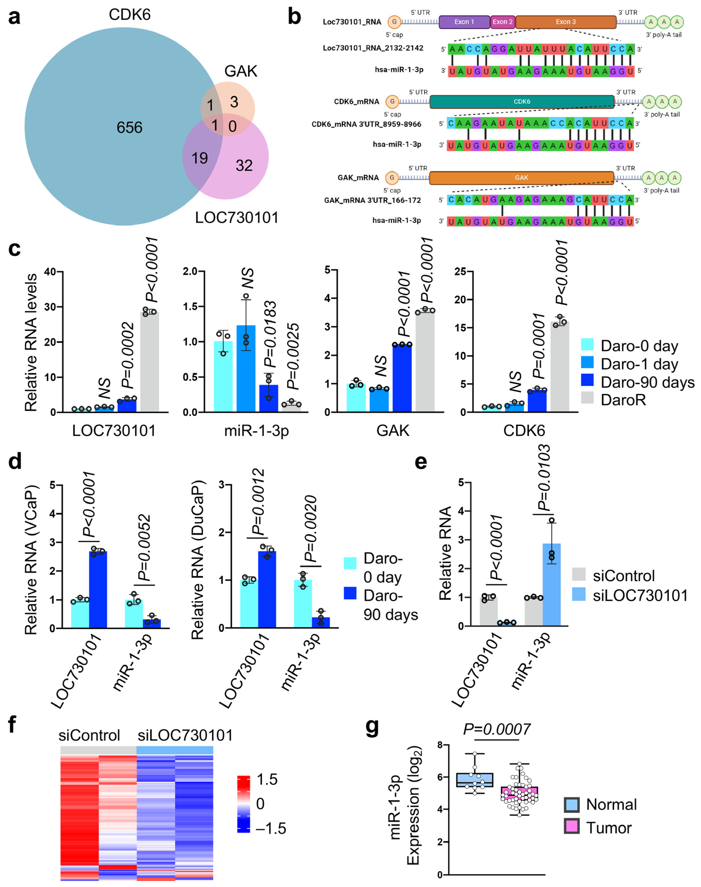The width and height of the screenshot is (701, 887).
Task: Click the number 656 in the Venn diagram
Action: click(129, 128)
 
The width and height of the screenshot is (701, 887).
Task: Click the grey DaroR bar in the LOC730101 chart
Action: click(149, 361)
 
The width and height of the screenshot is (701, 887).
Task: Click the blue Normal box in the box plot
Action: click(475, 780)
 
